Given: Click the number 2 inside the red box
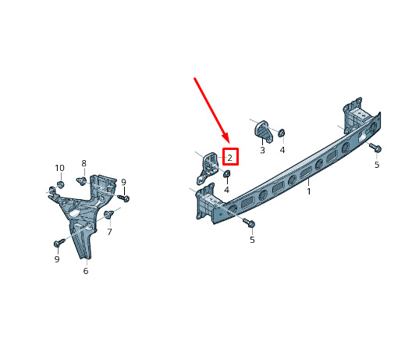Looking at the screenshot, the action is coord(230,158).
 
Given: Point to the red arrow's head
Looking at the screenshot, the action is coord(226,138).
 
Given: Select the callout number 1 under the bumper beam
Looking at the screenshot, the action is coord(309,191).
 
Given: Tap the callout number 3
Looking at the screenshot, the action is coord(262,150).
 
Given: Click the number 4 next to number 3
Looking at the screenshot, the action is coord(282,150).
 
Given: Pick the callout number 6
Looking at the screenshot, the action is coord(86,271).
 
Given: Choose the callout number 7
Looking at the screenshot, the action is coord(109,232).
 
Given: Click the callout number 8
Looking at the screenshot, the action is coord(83,163).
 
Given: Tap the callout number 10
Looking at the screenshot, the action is coord(59,168).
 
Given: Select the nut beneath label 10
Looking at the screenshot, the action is coord(60,184).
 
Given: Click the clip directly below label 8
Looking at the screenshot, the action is coord(82,181).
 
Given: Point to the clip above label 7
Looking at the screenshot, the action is coord(108,214).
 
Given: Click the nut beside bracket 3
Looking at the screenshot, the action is coord(282,133).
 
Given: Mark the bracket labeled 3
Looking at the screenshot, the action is coord(262,131).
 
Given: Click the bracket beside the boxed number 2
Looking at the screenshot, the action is coord(208,168).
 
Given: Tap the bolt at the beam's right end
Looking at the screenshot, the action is coord(375,147).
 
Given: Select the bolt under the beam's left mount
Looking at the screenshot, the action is coord(249,223).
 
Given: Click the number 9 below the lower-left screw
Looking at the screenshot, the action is coord(57,259).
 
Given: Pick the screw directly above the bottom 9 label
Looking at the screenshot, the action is coord(59,242).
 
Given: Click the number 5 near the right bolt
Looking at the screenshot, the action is coord(377,165).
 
